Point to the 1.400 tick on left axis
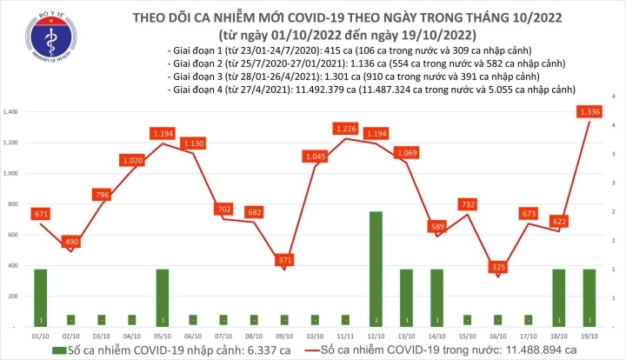click(x=11, y=113)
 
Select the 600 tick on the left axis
click(x=15, y=236)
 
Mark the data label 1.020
click(x=132, y=161)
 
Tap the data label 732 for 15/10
click(x=469, y=204)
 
